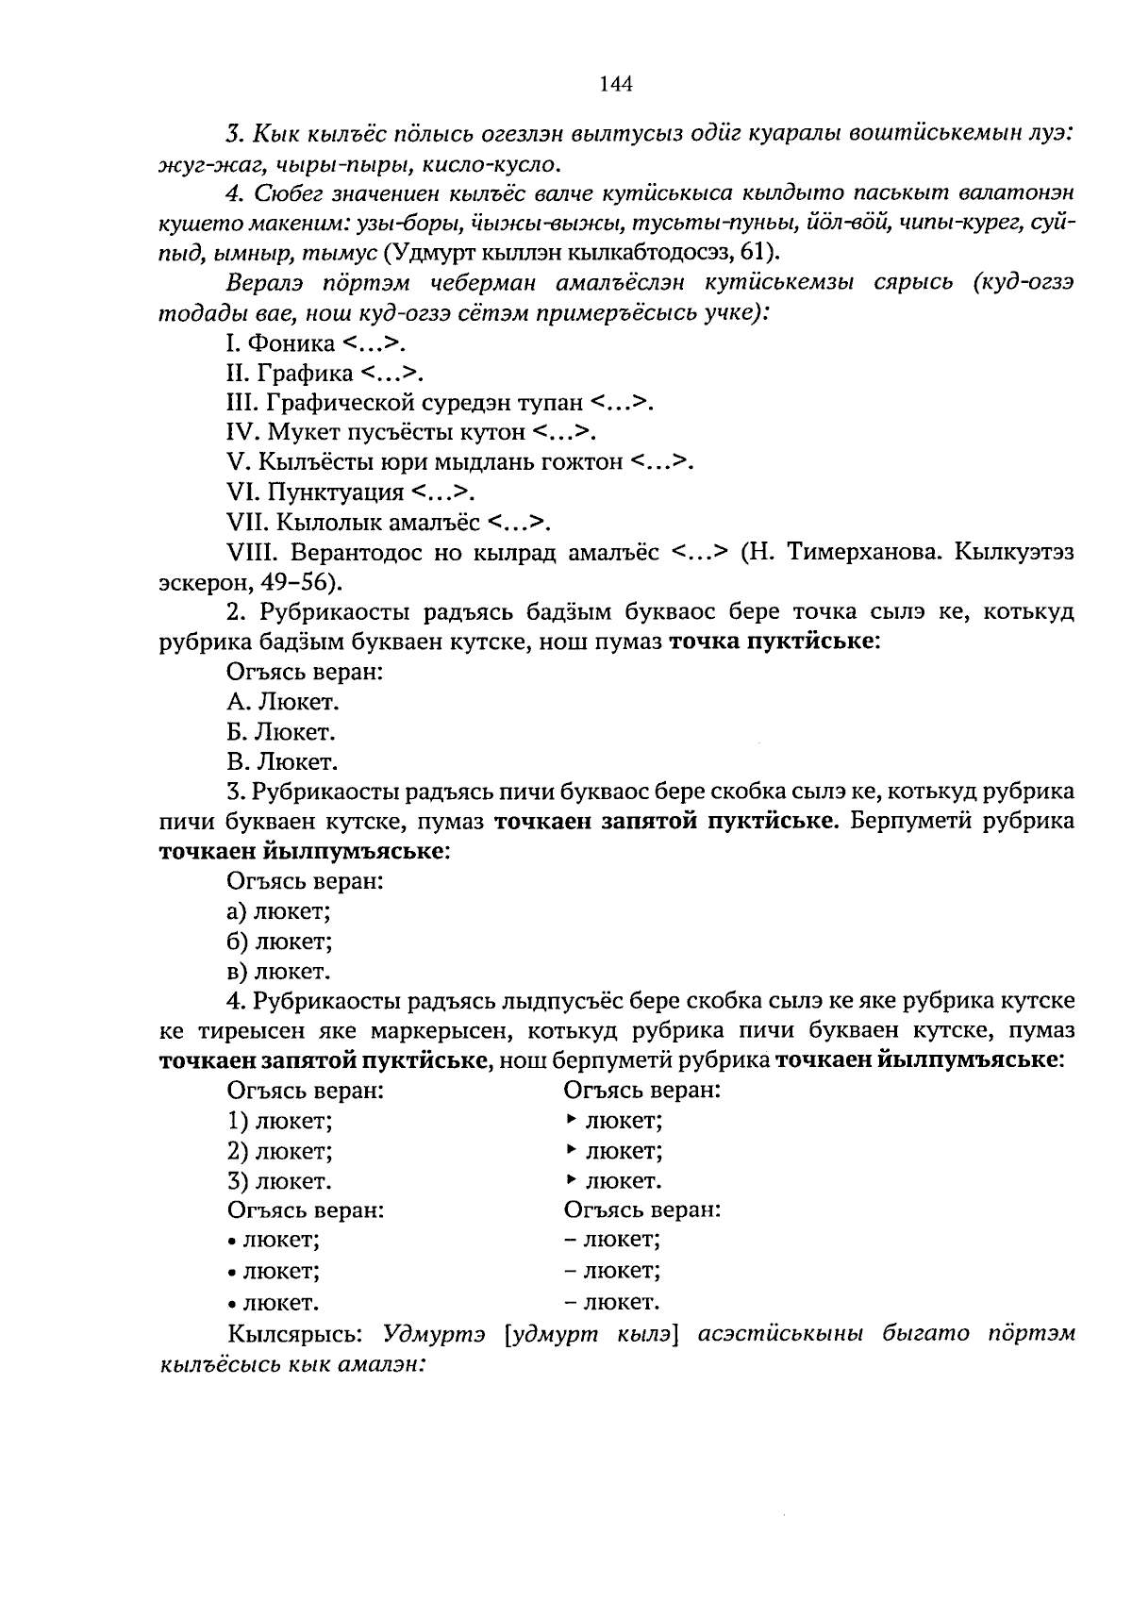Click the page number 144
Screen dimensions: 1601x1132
click(x=615, y=84)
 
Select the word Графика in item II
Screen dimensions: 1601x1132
click(x=310, y=374)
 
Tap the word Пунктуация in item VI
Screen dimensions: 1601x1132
click(x=336, y=492)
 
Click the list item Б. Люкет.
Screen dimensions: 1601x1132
click(x=281, y=732)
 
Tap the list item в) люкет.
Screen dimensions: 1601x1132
click(x=278, y=972)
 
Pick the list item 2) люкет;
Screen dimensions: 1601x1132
click(x=279, y=1152)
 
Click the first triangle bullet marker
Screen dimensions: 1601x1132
click(x=571, y=1120)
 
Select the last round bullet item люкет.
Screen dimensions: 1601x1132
click(x=273, y=1303)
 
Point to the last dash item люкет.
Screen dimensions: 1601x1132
click(x=611, y=1303)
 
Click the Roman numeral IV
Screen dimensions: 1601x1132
click(x=243, y=433)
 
